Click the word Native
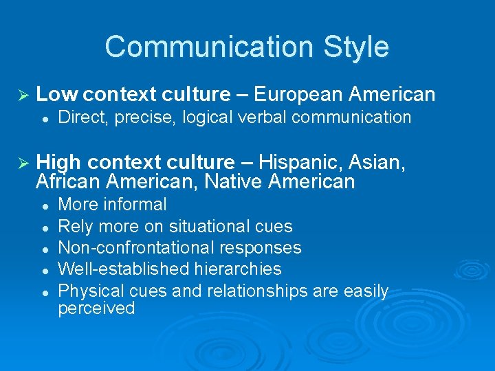pos(235,182)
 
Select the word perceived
pos(96,308)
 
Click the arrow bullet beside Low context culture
pos(23,94)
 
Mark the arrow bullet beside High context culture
pos(23,163)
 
